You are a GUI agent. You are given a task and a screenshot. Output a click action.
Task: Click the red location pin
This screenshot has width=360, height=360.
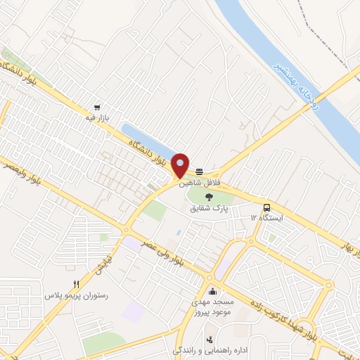(x=181, y=165)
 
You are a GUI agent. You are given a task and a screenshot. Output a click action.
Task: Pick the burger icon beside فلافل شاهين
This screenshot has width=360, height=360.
(x=200, y=170)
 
